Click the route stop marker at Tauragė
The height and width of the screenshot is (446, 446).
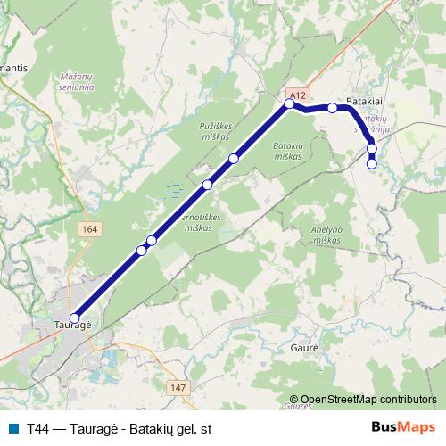point(75,318)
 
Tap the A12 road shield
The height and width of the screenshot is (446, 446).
point(298,94)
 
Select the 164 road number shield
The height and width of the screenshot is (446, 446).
point(88,229)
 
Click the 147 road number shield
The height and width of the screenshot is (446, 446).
point(178,386)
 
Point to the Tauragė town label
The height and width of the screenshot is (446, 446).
point(73,328)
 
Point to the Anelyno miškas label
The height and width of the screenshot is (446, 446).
point(326,234)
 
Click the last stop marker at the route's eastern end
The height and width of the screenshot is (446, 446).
point(372,162)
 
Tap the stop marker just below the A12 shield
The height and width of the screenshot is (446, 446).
point(289,104)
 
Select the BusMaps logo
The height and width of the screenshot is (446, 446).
point(402,428)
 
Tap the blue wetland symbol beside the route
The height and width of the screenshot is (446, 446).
point(174,189)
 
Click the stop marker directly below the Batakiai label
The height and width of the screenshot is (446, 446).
point(333,108)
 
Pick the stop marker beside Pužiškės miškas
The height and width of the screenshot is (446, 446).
point(234,159)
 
